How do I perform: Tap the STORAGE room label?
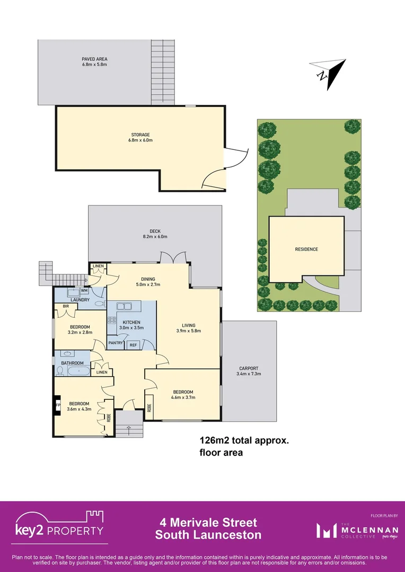click(x=141, y=135)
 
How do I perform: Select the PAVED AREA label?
click(x=94, y=59)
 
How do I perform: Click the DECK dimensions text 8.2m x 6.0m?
click(x=155, y=237)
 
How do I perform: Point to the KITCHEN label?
click(x=131, y=322)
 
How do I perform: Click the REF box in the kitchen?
click(x=133, y=344)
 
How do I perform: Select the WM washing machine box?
click(x=84, y=291)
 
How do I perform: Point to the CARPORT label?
click(x=249, y=368)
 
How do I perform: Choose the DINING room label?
click(x=148, y=279)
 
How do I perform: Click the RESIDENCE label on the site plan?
click(x=306, y=249)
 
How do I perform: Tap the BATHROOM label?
click(x=72, y=363)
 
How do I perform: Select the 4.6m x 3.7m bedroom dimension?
click(x=183, y=397)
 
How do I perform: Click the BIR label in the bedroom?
click(x=66, y=306)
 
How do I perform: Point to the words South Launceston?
click(x=208, y=535)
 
